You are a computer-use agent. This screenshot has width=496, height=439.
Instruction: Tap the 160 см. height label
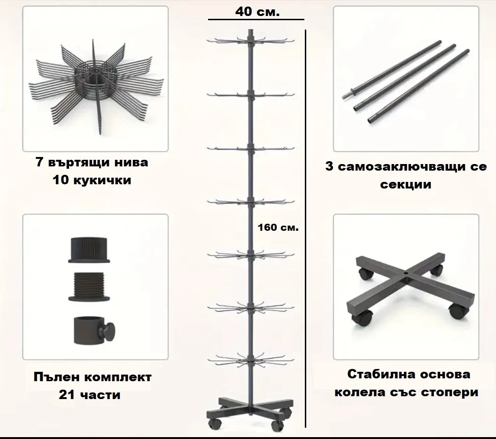278,227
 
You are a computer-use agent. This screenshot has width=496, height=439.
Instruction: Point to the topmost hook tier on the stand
251,41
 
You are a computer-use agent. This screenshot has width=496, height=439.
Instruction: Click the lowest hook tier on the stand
251,360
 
